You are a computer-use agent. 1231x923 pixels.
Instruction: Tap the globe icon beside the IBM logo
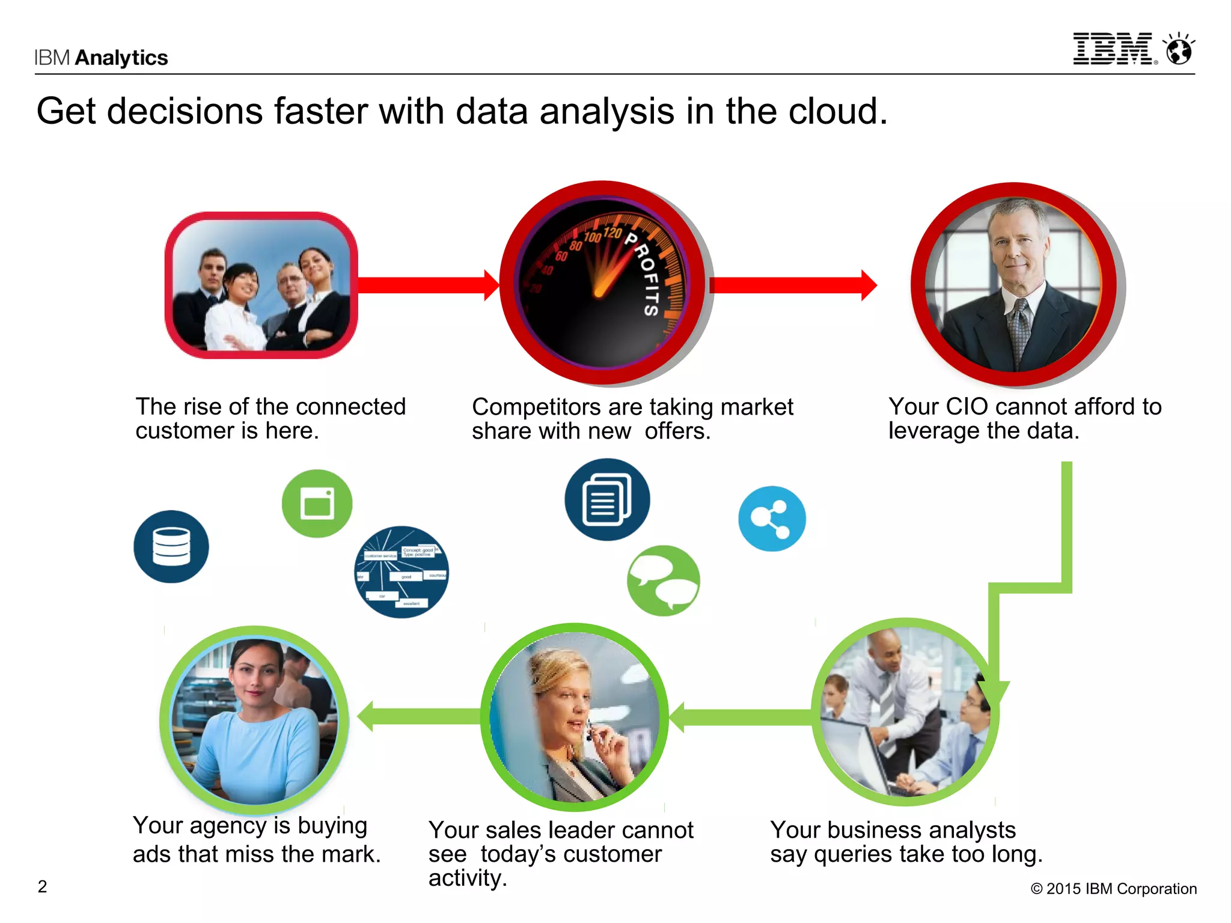1179,49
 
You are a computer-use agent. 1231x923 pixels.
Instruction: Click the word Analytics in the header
121,58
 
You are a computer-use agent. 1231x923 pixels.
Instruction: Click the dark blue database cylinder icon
171,546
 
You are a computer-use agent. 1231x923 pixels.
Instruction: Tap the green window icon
317,503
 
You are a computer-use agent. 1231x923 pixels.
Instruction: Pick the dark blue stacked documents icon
607,499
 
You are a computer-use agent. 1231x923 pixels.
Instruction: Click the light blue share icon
772,519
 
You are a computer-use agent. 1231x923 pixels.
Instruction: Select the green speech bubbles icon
663,580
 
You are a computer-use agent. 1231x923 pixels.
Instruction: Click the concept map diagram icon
402,572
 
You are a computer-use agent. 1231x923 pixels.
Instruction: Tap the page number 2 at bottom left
42,887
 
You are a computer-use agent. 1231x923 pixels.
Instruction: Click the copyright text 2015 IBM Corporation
1114,889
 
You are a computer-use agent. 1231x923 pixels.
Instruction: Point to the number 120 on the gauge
612,233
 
